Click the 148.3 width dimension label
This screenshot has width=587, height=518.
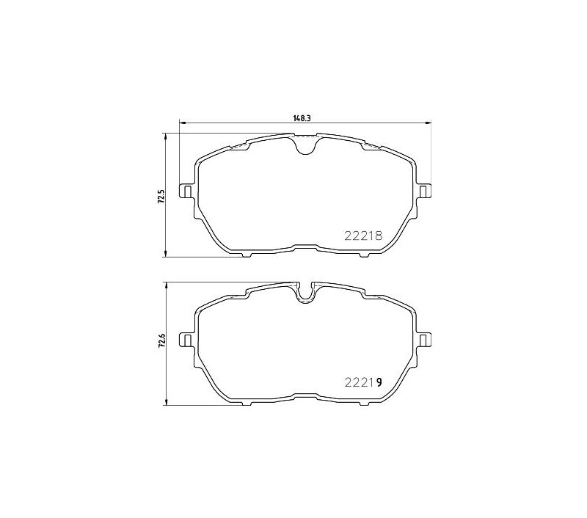pos(302,118)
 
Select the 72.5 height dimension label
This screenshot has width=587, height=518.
pos(161,196)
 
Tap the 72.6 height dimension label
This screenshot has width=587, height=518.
pos(161,342)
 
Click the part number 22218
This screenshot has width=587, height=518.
pos(363,236)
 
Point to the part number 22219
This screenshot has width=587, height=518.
pos(363,382)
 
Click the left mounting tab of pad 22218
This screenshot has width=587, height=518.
pos(187,192)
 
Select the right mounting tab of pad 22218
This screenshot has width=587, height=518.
pos(423,192)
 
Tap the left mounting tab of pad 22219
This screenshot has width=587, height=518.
pos(187,340)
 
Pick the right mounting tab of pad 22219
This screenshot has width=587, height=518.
pos(423,340)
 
